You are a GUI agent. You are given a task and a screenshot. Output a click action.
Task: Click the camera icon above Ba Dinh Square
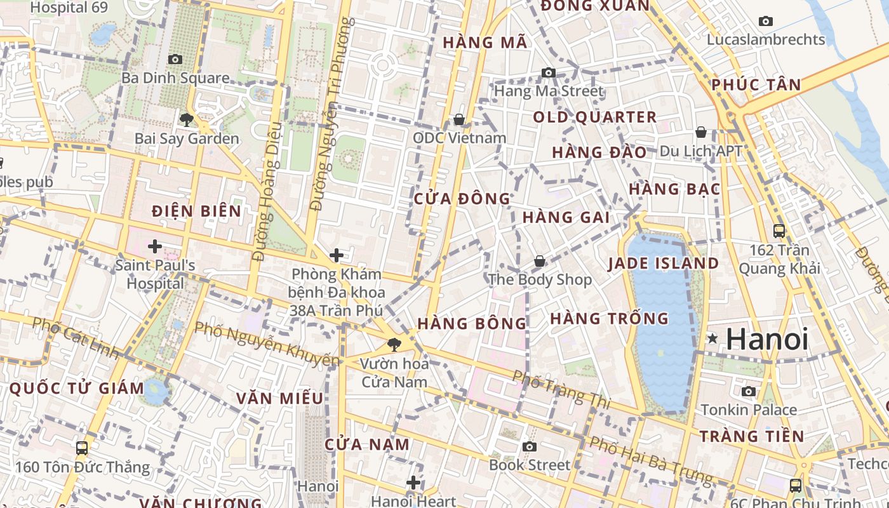(x=175, y=60)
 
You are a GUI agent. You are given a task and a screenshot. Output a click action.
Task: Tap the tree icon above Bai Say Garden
(x=186, y=119)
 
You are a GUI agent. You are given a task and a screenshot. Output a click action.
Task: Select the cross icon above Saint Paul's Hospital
(x=154, y=246)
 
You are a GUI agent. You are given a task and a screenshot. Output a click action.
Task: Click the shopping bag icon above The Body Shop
(x=539, y=261)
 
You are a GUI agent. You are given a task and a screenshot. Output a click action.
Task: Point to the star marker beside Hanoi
(x=713, y=339)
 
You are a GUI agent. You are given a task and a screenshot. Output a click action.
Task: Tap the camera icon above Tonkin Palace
(x=749, y=391)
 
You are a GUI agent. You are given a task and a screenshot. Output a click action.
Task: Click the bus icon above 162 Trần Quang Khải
(x=779, y=231)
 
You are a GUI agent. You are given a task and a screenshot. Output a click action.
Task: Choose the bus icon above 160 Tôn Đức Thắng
(x=82, y=448)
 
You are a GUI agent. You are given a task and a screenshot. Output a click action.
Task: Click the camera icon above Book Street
(x=529, y=446)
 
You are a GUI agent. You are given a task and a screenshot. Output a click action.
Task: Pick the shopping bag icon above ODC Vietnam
(x=459, y=119)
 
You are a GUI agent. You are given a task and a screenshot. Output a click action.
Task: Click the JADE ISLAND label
(x=664, y=264)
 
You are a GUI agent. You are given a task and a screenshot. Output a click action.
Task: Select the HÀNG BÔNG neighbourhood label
(x=472, y=324)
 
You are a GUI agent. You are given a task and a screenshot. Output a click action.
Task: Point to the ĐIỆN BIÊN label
(x=197, y=211)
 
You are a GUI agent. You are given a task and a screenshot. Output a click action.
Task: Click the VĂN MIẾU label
(x=279, y=399)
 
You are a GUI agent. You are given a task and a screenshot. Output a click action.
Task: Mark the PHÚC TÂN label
(x=756, y=85)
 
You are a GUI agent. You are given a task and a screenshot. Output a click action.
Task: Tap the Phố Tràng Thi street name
(x=561, y=389)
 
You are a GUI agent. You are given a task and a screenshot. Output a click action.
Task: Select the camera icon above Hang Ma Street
(x=549, y=73)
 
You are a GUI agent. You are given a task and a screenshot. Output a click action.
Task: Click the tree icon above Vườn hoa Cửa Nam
(x=394, y=345)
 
